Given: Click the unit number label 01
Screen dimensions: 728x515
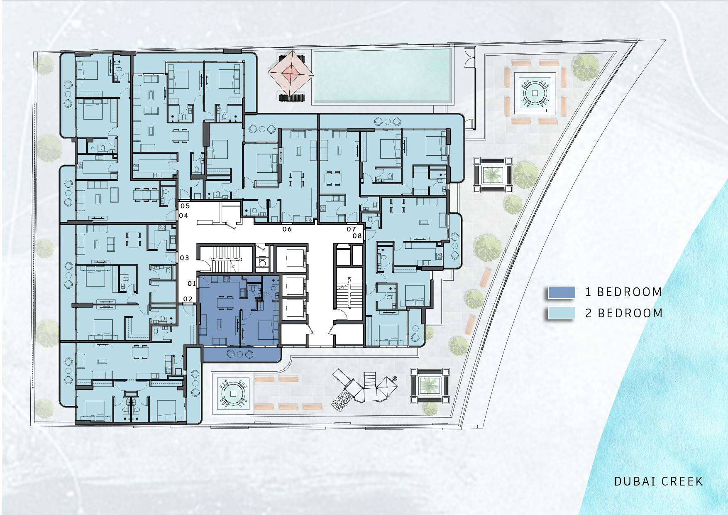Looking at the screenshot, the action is tap(191, 284).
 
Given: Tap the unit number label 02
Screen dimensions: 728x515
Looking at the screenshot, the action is tap(188, 299).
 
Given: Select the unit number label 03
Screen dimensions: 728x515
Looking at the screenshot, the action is tap(185, 258).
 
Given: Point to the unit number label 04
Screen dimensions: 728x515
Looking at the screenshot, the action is tap(183, 216).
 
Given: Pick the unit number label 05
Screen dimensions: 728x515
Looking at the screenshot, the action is tap(184, 206).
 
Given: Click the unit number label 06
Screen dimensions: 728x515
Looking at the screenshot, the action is tap(287, 229).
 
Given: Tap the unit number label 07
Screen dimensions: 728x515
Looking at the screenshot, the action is tap(352, 229).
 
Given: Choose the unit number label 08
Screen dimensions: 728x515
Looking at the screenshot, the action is tap(357, 236).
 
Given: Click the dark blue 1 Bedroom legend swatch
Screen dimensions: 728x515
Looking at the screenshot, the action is tap(561, 292).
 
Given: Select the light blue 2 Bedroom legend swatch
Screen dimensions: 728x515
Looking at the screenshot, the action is tap(561, 313).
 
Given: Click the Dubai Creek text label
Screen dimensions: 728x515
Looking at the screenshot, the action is tap(659, 481).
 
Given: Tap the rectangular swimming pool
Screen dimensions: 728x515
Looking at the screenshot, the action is tap(382, 76).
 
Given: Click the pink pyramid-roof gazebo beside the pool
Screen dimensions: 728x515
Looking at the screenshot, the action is tap(291, 73).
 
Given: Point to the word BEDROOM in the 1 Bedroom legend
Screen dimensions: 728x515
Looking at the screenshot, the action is tap(630, 292).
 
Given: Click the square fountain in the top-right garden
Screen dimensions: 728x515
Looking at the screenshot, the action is tap(535, 93).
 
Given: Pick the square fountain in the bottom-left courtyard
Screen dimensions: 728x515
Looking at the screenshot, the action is tap(233, 393).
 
